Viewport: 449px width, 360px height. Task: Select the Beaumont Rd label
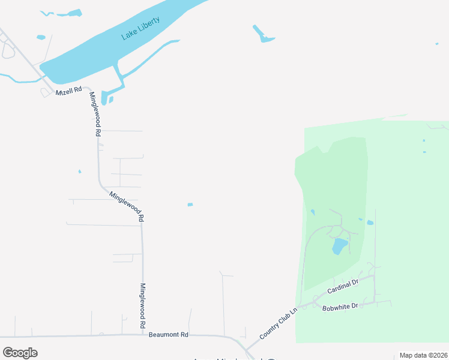tap(169, 334)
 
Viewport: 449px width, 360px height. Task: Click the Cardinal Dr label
tap(343, 286)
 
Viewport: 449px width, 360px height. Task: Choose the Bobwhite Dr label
tap(340, 307)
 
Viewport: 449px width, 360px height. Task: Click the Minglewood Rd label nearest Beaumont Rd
tap(143, 305)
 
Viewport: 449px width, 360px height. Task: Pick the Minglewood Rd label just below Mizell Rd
tap(94, 115)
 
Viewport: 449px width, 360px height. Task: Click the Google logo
tap(20, 353)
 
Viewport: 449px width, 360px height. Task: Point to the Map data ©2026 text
tap(423, 355)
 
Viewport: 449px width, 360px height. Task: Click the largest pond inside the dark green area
tap(340, 246)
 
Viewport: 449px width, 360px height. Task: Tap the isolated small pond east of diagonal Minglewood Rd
tap(190, 205)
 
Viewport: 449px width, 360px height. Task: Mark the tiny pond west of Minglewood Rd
tap(79, 172)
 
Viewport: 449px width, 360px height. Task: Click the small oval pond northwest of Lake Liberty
tap(41, 37)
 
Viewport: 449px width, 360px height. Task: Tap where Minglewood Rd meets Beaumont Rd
tap(143, 335)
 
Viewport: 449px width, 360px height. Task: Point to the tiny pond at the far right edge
tap(436, 43)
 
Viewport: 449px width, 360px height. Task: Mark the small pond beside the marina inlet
tap(111, 100)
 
